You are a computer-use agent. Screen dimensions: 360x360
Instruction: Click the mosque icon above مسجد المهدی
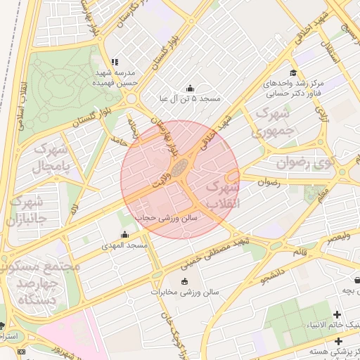tap(125, 235)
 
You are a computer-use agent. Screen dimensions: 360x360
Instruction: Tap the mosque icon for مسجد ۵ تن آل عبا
tap(190, 89)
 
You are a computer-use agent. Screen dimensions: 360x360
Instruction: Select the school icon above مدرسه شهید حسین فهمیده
tap(115, 62)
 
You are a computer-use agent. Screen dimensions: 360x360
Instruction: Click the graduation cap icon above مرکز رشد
tap(292, 73)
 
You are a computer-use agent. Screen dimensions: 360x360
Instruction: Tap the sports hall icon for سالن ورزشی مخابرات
tap(184, 282)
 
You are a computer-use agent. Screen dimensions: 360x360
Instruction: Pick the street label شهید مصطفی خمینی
tap(216, 252)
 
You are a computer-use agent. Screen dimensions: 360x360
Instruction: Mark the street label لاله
tap(75, 209)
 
